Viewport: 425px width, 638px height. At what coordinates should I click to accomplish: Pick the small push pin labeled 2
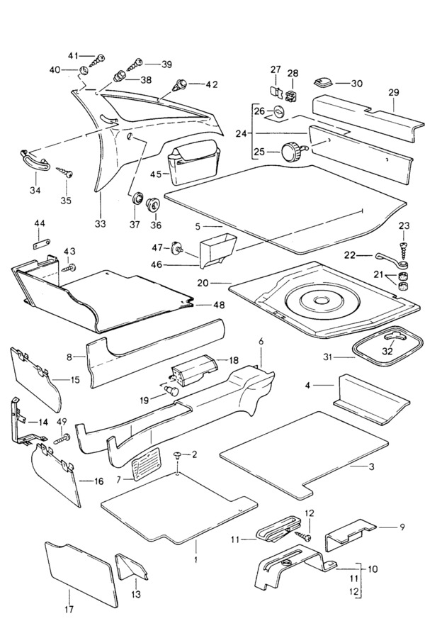click(x=177, y=454)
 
